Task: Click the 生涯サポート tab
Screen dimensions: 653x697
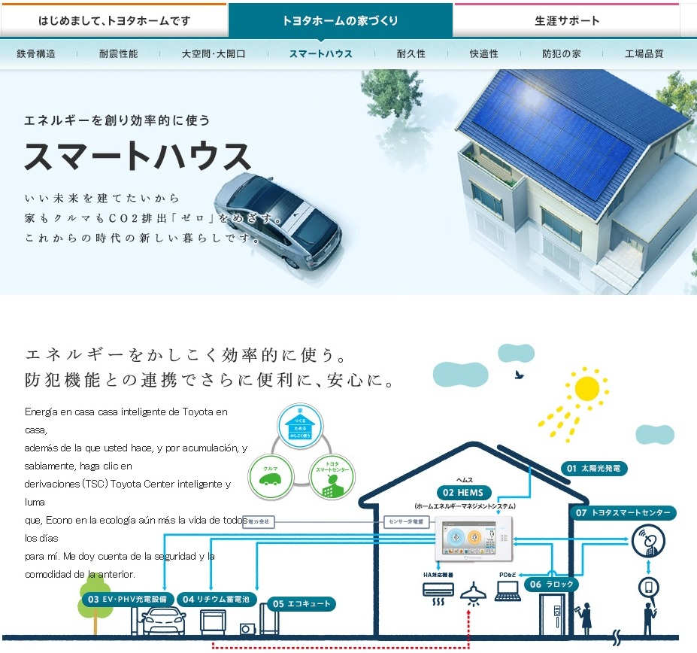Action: coord(567,20)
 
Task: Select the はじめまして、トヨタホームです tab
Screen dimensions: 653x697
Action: coord(114,20)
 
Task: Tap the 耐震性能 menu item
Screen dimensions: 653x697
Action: coord(118,54)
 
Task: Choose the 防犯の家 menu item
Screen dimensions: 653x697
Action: coord(561,54)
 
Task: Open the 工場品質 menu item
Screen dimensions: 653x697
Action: coord(644,54)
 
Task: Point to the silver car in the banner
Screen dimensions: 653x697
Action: coord(277,219)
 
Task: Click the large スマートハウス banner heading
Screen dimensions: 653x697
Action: coord(138,156)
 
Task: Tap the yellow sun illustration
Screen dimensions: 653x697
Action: coord(586,388)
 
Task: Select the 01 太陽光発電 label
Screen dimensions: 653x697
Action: coord(594,469)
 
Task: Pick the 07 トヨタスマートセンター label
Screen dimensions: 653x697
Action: coord(623,513)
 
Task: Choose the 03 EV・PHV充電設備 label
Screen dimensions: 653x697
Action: coord(129,599)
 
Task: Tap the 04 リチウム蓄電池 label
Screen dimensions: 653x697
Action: coord(218,599)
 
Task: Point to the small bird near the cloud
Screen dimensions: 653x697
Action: coord(518,373)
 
